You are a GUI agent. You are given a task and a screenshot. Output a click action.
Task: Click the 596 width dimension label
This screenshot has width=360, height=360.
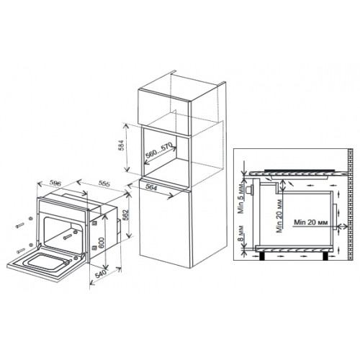click(x=55, y=183)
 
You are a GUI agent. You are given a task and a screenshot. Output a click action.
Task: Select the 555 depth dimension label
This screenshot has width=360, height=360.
click(x=104, y=184)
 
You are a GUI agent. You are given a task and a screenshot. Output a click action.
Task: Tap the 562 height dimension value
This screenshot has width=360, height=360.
click(x=127, y=215)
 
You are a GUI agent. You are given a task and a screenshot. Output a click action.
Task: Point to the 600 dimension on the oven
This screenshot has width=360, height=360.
click(x=102, y=243)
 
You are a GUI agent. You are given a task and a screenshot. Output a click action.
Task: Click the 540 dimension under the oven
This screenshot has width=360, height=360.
click(x=101, y=274)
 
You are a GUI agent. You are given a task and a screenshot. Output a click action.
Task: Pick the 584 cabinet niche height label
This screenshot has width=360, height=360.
click(x=122, y=145)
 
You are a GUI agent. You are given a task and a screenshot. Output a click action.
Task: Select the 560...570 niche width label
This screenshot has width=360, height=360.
click(x=159, y=150)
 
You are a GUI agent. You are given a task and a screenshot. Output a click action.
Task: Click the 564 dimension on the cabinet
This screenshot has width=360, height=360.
click(x=151, y=187)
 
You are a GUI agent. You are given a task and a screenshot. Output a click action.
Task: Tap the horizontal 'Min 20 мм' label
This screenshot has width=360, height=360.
click(x=311, y=222)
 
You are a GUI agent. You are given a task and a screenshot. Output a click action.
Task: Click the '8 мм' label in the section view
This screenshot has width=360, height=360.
click(x=241, y=233)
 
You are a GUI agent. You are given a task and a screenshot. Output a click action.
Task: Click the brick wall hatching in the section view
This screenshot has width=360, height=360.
click(x=350, y=204)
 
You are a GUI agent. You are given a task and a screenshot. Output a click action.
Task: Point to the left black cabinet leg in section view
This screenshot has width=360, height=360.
click(x=263, y=256)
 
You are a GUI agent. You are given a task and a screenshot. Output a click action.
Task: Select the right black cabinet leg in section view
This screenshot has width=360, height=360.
click(x=325, y=256)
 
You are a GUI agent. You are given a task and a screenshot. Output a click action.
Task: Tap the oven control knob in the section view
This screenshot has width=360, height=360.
click(x=251, y=190)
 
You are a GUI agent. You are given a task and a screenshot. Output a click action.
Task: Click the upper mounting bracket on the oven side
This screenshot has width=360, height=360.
click(x=94, y=223)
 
